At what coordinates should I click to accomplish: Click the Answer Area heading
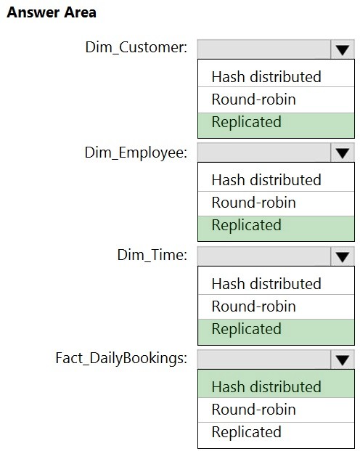52,12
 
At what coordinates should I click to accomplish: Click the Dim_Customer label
136,47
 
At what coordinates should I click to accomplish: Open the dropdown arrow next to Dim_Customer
342,49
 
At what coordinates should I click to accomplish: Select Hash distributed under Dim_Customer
266,77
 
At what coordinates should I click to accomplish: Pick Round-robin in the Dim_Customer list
253,99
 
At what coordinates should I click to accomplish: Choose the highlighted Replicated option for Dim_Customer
247,122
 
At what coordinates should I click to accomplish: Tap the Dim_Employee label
136,153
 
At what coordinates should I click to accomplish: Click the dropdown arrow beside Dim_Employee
342,153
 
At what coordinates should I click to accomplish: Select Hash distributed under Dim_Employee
266,180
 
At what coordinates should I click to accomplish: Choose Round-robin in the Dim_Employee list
253,203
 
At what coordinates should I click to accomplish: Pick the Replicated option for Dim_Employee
247,225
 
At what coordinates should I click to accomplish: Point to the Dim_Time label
152,255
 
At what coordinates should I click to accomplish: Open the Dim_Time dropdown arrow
342,256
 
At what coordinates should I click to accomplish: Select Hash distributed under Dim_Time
266,284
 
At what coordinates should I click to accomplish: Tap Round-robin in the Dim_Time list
253,306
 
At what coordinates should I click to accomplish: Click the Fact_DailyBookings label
121,359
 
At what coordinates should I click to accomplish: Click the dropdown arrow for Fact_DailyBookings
342,359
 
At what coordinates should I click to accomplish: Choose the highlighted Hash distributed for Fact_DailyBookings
266,387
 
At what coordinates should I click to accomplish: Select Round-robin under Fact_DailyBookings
253,410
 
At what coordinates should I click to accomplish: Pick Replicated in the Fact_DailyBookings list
247,432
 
